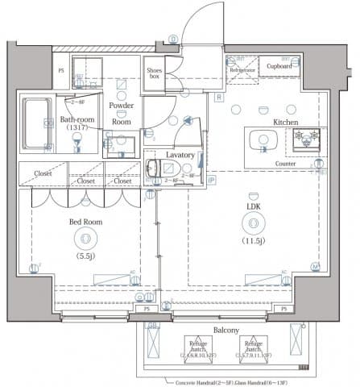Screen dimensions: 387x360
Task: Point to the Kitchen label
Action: [285, 122]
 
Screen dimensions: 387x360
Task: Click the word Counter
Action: [284, 164]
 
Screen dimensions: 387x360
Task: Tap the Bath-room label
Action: [78, 121]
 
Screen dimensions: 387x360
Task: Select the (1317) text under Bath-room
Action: [78, 131]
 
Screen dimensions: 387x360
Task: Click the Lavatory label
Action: [180, 153]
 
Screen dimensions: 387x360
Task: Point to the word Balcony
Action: [226, 331]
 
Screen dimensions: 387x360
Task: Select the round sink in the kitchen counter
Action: [261, 140]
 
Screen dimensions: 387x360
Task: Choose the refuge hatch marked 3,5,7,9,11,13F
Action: [254, 348]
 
